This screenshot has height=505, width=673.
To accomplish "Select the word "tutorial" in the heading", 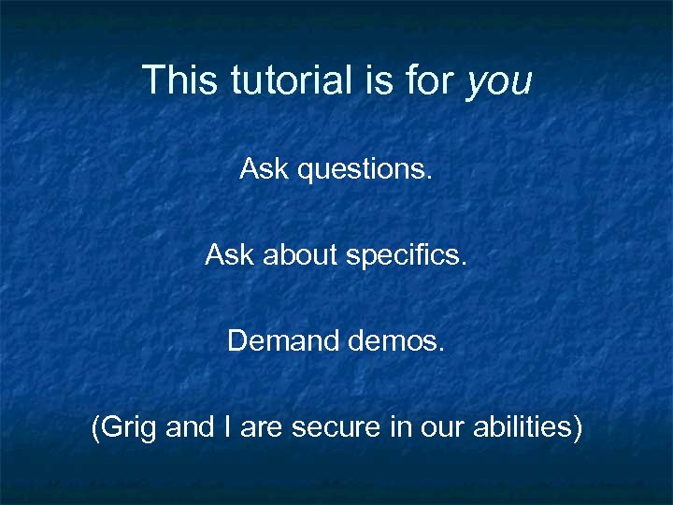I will pos(285,80).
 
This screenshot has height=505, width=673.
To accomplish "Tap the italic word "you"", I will pos(498,82).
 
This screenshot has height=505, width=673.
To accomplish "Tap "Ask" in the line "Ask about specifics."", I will pos(226,255).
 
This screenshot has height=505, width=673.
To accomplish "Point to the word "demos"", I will pos(396,341).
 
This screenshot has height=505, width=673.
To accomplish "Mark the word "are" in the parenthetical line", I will pos(263,428).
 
